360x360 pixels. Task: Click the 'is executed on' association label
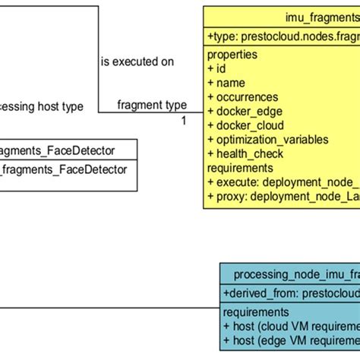point(137,62)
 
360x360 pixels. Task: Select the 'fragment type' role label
point(152,105)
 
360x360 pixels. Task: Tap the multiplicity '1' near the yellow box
point(184,120)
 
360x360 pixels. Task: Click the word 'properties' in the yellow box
point(232,55)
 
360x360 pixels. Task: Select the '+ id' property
point(216,68)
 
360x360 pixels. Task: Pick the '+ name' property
point(226,83)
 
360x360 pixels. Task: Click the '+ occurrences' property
point(243,97)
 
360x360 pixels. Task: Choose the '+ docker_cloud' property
point(245,125)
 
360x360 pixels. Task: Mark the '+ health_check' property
point(245,153)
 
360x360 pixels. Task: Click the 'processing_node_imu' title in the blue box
point(296,274)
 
